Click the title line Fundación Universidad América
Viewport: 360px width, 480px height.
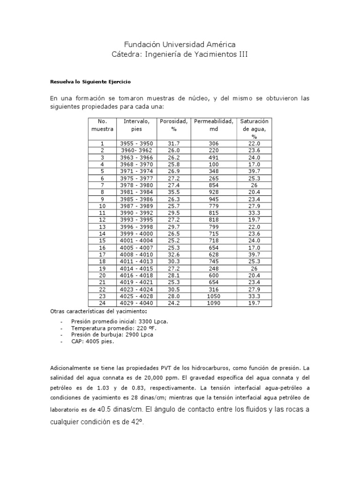coord(180,45)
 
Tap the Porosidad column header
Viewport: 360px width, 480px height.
coord(174,125)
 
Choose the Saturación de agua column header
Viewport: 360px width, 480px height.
coord(254,128)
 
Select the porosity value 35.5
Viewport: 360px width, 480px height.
coord(174,192)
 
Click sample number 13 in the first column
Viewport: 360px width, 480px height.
coord(102,227)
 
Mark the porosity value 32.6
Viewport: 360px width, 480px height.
coord(174,255)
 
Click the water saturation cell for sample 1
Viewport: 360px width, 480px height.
coord(254,143)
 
